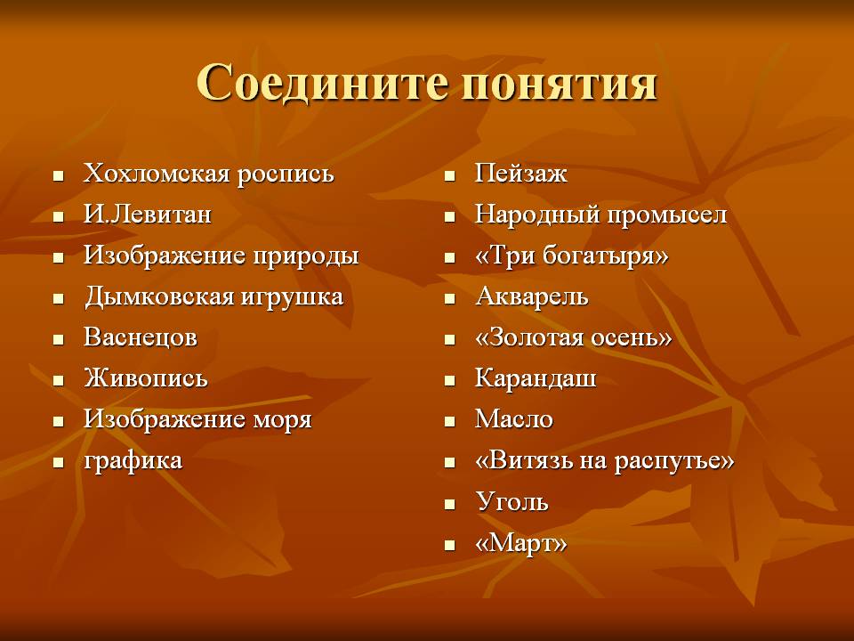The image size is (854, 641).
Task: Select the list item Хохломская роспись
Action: point(208,174)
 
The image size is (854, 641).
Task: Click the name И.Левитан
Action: point(147,215)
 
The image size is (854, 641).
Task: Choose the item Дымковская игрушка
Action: point(213,297)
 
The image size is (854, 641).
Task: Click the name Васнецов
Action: point(140,337)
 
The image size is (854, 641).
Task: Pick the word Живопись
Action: point(145,378)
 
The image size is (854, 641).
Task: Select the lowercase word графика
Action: point(133,461)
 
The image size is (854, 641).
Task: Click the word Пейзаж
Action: point(520,174)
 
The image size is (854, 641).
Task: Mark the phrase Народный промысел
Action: point(600,215)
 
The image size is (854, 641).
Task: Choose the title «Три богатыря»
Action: point(571,256)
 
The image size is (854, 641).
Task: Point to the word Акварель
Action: point(532,296)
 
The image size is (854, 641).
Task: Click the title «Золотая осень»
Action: point(574,337)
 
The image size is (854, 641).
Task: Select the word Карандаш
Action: point(536,378)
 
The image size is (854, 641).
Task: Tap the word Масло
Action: point(513,419)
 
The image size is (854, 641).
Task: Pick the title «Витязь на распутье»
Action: point(605,461)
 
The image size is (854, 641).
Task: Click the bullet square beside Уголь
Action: point(449,504)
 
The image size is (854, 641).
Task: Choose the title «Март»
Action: point(520,543)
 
